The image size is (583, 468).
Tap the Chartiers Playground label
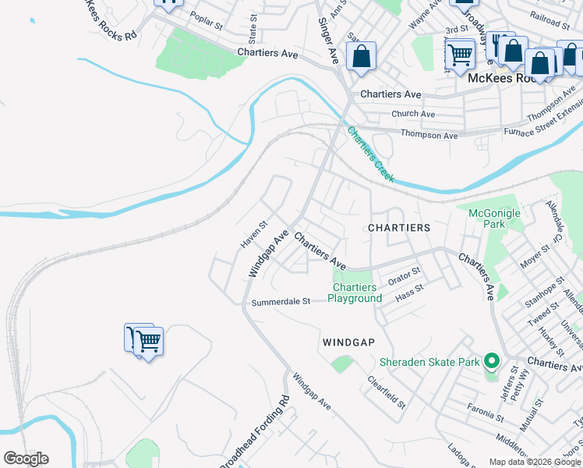coord(355,293)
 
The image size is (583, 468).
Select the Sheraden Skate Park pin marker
coord(491,361)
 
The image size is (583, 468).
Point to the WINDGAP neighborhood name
coord(348,342)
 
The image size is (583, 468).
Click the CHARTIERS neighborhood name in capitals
coord(398,228)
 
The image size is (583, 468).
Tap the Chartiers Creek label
coord(371,154)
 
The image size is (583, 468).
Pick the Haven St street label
coord(253,234)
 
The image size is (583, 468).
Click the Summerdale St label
coord(280,302)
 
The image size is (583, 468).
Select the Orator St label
coord(405,275)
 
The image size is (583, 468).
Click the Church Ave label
coord(413,114)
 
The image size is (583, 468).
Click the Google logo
coord(26,459)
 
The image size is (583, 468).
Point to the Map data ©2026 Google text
coord(535,462)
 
